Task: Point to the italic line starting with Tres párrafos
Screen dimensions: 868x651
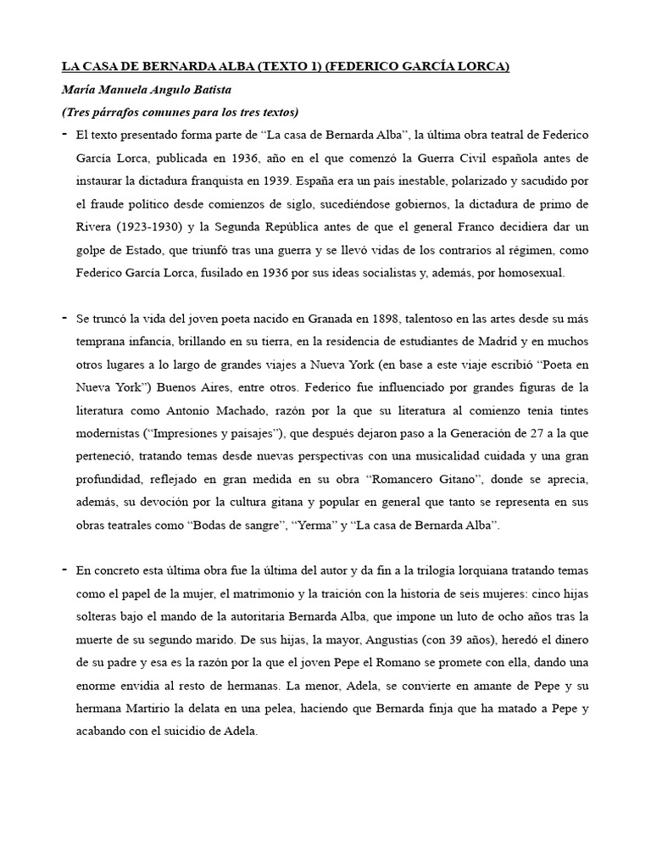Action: tap(181, 112)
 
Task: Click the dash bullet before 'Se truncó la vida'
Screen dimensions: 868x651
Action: tap(64, 317)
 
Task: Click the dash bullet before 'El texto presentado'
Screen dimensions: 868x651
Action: tap(64, 133)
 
